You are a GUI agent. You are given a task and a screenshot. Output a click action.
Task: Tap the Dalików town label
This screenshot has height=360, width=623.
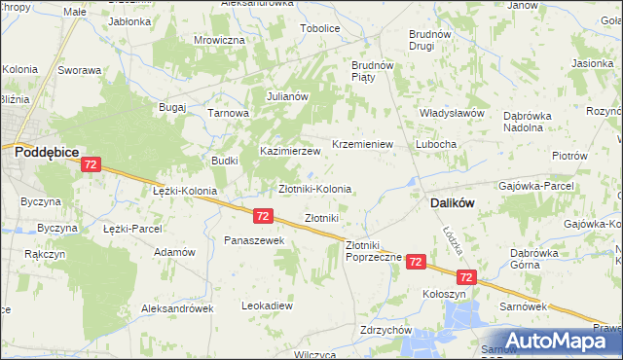(452, 204)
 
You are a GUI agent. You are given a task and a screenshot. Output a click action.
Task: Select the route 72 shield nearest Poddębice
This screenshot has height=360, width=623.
(90, 166)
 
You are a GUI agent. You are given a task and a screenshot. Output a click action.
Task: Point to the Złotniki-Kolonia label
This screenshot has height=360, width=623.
(314, 188)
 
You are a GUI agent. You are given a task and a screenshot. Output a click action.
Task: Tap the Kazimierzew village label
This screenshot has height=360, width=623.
(289, 152)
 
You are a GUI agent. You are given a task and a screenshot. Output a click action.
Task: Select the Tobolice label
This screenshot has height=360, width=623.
(319, 28)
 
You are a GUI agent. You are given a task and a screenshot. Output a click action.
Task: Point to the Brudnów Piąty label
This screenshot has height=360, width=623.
(371, 72)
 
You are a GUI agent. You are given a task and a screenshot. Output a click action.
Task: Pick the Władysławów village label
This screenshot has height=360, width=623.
(452, 113)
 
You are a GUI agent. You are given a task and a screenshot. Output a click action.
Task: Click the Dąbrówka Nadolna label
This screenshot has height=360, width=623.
(535, 121)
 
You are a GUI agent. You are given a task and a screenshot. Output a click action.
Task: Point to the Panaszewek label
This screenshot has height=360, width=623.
(253, 239)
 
